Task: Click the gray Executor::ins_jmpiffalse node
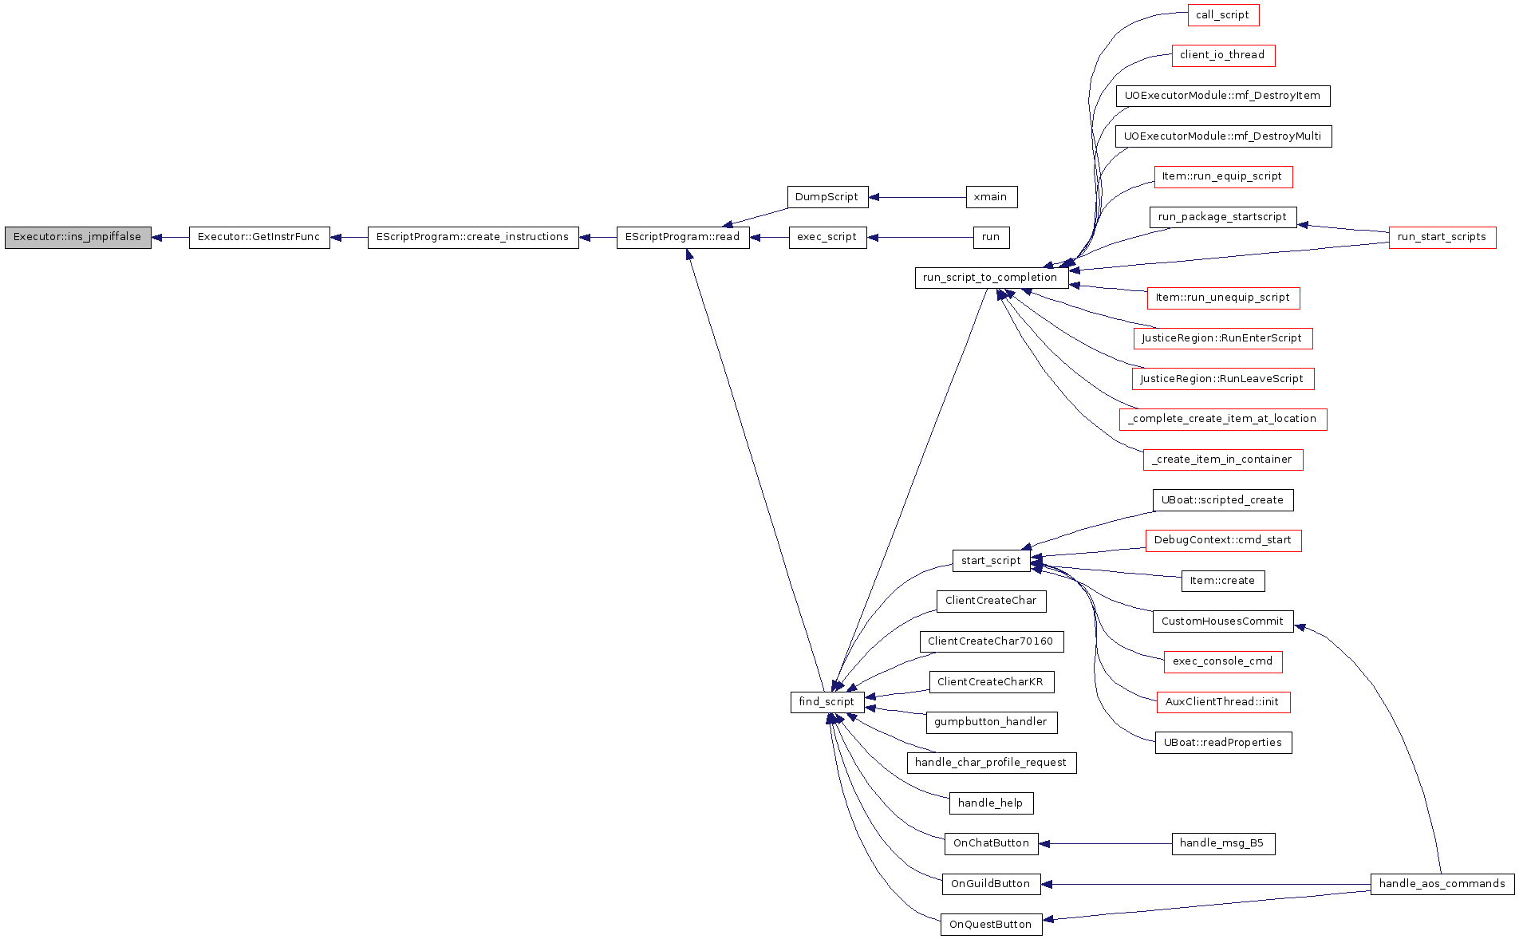(77, 238)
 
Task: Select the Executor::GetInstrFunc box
(259, 238)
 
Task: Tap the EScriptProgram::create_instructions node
(473, 238)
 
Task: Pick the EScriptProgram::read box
(683, 238)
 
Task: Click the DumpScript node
(827, 197)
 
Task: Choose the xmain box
(991, 197)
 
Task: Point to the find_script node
(827, 702)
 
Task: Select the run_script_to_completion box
(991, 278)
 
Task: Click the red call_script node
(1223, 15)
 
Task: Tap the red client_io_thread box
(1223, 55)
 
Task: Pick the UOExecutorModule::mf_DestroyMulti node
(1223, 136)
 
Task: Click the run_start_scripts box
(1442, 237)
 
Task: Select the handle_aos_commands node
(1442, 884)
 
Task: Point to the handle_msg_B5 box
(1223, 843)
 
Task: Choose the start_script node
(991, 561)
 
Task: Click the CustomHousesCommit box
(1223, 621)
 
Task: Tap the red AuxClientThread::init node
(1223, 702)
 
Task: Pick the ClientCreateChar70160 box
(991, 641)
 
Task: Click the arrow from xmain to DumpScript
(917, 197)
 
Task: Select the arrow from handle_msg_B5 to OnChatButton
(1105, 843)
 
